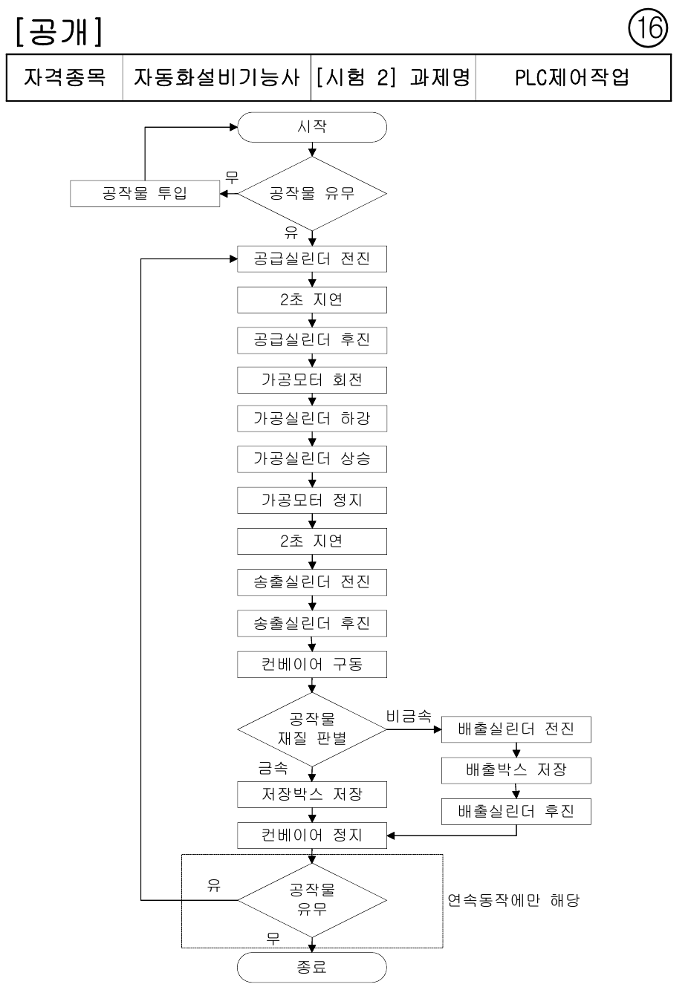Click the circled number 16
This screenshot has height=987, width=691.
click(x=648, y=29)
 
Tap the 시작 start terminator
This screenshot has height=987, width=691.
click(x=312, y=127)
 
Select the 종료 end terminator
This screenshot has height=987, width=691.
click(x=312, y=967)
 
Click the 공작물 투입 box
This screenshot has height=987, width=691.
click(x=145, y=193)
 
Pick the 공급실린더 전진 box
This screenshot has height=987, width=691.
click(x=312, y=259)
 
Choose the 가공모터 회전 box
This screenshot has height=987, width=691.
click(x=312, y=380)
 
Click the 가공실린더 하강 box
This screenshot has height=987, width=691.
click(x=312, y=419)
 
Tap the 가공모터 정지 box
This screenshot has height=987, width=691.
click(x=312, y=500)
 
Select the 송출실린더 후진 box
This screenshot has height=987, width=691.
click(x=312, y=623)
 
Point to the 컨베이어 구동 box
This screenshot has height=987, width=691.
click(x=312, y=665)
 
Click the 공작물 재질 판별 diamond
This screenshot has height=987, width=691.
click(x=312, y=730)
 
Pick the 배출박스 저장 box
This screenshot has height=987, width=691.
click(x=516, y=771)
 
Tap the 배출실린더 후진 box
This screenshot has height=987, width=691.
click(x=516, y=811)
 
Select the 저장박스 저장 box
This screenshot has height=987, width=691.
click(x=312, y=795)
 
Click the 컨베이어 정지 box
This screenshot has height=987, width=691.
click(x=312, y=835)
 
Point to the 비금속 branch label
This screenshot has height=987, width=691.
click(x=409, y=716)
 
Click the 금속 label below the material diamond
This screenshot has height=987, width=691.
click(x=273, y=768)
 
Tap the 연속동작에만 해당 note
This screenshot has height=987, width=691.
click(x=513, y=900)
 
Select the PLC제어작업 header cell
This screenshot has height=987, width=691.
click(x=573, y=77)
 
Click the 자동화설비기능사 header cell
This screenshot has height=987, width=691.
click(x=216, y=77)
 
